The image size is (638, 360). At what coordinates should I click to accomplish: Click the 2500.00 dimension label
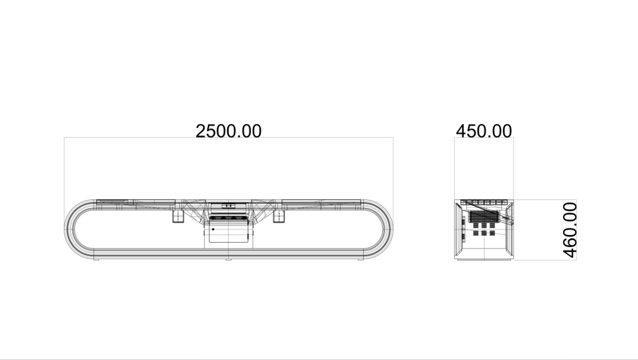point(228,131)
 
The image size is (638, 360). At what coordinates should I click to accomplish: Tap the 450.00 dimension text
point(483,131)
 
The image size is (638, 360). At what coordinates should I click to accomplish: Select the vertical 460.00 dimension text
point(570,230)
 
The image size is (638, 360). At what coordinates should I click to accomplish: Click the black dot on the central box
point(213,229)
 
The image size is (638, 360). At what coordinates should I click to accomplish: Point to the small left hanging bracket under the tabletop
point(178,217)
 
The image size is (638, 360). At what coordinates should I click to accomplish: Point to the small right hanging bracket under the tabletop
point(279,217)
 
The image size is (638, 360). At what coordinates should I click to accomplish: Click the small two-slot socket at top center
point(228,205)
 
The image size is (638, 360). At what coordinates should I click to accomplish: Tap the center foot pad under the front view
point(228,259)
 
